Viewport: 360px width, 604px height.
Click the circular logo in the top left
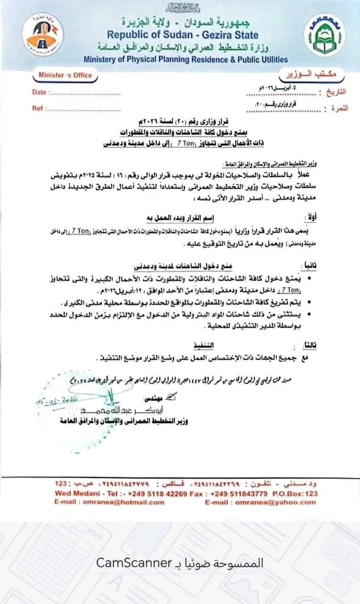(x=42, y=34)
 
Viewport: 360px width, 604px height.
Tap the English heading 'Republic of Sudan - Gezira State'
(x=182, y=35)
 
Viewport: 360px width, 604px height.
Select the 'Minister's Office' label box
(x=66, y=75)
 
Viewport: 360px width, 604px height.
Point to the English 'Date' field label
(x=39, y=92)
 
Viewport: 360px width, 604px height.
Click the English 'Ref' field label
(x=38, y=108)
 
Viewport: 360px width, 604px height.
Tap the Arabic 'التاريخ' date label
(x=336, y=92)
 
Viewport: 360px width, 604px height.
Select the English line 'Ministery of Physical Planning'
(x=185, y=59)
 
